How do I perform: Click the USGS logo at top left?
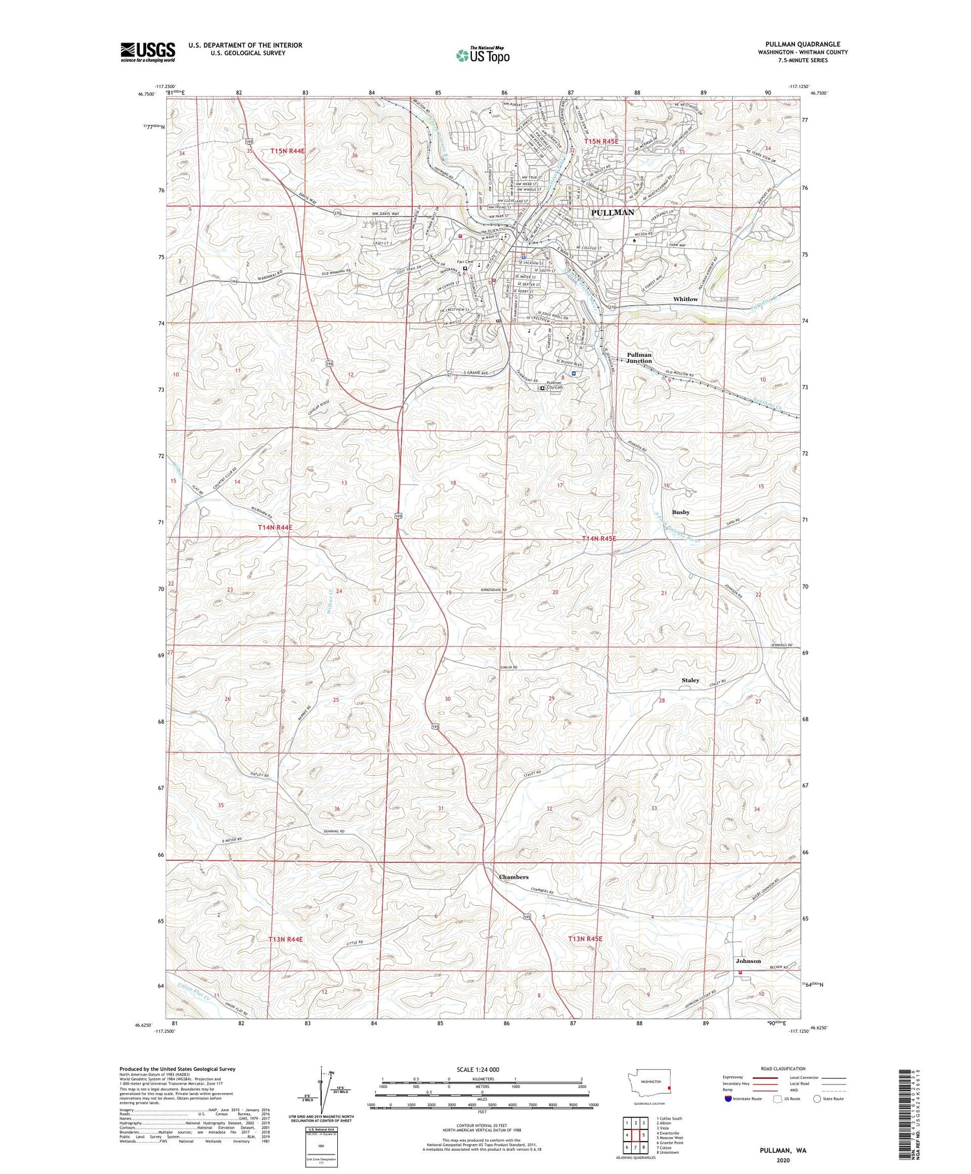pyautogui.click(x=148, y=52)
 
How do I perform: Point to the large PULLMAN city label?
pyautogui.click(x=612, y=212)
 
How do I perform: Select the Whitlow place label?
pyautogui.click(x=686, y=299)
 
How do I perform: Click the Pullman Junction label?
pyautogui.click(x=639, y=358)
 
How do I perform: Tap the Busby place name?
pyautogui.click(x=680, y=512)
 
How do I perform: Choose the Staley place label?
pyautogui.click(x=690, y=681)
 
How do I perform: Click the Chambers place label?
pyautogui.click(x=513, y=877)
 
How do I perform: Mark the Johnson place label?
pyautogui.click(x=748, y=961)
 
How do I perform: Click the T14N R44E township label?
pyautogui.click(x=275, y=528)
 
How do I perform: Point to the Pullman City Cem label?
pyautogui.click(x=555, y=385)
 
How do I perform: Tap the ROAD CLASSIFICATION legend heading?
pyautogui.click(x=783, y=1068)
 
